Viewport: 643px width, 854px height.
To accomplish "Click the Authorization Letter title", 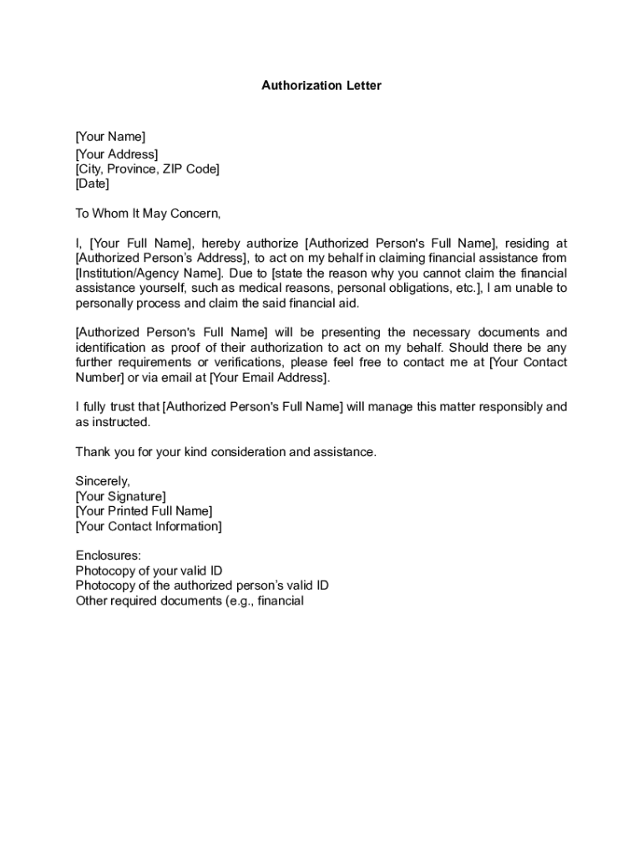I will (321, 85).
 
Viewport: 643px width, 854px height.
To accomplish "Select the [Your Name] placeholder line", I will (110, 137).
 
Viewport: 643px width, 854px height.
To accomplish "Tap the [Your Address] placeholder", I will (116, 154).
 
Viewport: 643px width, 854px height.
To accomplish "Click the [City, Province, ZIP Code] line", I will (147, 169).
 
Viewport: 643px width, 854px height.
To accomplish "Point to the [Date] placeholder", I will (92, 184).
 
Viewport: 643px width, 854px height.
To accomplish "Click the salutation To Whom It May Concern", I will (148, 213).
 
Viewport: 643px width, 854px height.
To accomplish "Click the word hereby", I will (220, 244).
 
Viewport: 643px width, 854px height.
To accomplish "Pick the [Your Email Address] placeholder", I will (269, 378).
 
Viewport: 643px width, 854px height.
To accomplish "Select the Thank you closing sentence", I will (226, 452).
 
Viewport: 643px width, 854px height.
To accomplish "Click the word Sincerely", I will (103, 481).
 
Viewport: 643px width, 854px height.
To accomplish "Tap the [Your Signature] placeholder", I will (120, 496).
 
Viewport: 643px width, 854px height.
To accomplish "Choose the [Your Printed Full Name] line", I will (144, 511).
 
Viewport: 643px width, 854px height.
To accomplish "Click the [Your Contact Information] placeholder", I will (149, 526).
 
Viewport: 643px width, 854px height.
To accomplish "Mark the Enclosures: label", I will (109, 555).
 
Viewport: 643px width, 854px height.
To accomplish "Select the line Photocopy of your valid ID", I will (149, 570).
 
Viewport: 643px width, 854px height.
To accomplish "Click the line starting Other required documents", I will (190, 600).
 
